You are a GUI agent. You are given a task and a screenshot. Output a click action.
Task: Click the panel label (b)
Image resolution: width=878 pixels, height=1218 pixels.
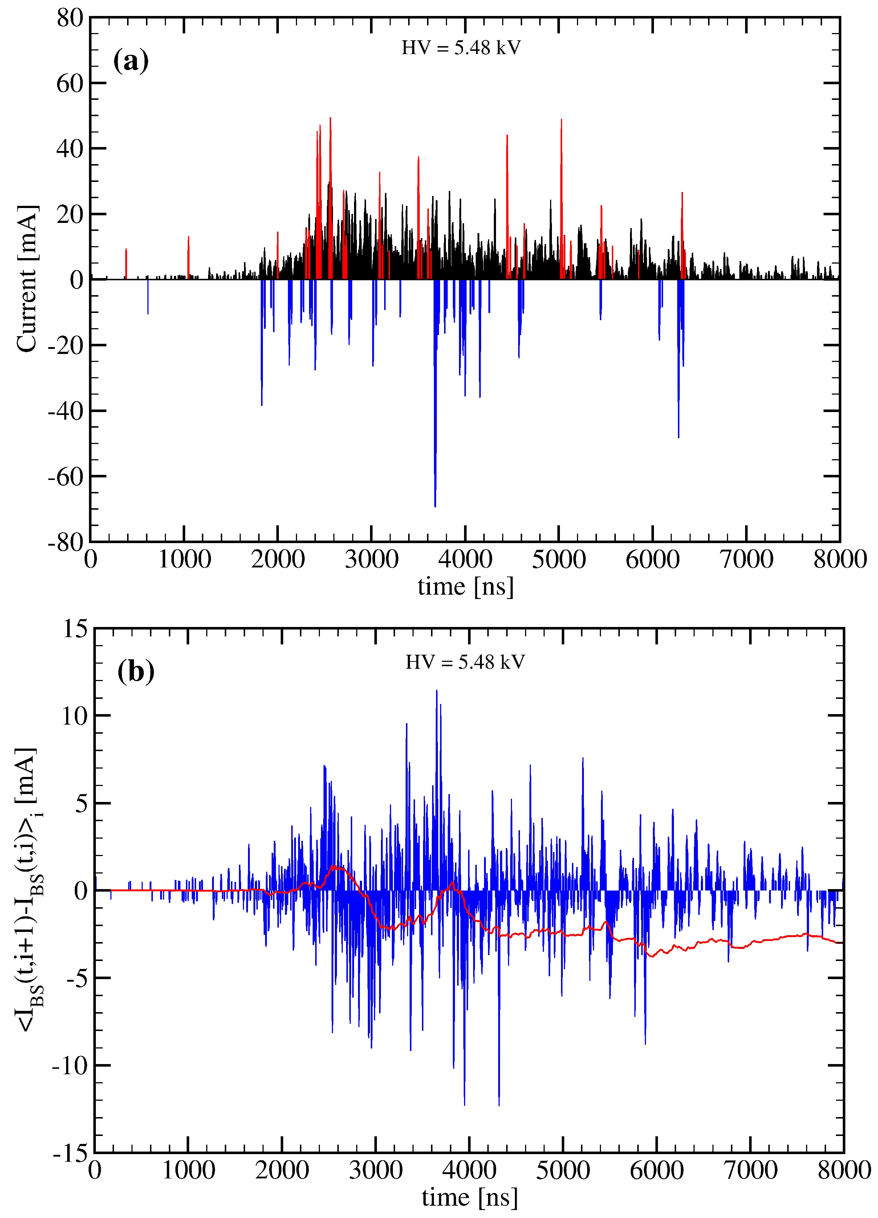click(135, 671)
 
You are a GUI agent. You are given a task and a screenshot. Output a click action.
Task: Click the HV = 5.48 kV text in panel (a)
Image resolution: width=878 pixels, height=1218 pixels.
click(461, 48)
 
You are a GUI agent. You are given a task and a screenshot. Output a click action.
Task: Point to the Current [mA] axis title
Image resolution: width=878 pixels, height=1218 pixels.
click(27, 279)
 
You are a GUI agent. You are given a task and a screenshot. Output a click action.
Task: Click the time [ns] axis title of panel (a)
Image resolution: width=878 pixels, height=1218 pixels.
click(465, 586)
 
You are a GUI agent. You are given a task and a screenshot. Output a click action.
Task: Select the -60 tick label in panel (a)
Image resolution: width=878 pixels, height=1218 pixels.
click(66, 476)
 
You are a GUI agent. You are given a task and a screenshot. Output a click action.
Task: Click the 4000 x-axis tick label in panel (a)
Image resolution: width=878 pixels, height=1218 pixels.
click(465, 559)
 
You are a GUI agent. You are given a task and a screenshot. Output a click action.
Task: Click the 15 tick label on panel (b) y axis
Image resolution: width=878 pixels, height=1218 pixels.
click(75, 628)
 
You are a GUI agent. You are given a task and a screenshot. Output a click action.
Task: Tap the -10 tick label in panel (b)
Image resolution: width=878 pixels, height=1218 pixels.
click(69, 1066)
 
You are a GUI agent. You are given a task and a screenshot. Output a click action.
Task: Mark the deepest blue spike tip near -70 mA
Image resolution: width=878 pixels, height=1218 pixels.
click(435, 506)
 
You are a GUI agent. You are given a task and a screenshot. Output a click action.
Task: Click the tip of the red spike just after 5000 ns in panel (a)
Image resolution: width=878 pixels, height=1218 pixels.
click(561, 120)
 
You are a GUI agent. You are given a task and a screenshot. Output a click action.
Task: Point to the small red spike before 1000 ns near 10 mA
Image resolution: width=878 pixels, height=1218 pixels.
click(126, 250)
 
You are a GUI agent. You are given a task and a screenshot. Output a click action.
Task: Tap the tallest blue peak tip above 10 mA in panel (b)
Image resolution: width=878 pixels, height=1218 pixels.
click(436, 691)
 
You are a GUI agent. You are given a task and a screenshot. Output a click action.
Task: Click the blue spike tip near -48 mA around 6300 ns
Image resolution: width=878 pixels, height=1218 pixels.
click(678, 437)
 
